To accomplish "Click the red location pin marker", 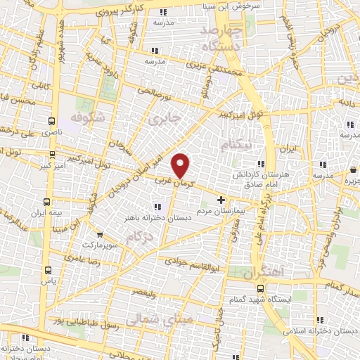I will coord(181,165).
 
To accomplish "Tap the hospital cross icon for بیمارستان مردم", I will coord(222,200).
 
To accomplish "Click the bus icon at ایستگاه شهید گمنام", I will coord(260,288).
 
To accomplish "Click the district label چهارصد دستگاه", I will coord(221,38).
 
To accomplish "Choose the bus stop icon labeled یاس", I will coord(47,270).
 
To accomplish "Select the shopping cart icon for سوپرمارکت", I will coord(100,235).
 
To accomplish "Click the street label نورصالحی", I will coord(149,91).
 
